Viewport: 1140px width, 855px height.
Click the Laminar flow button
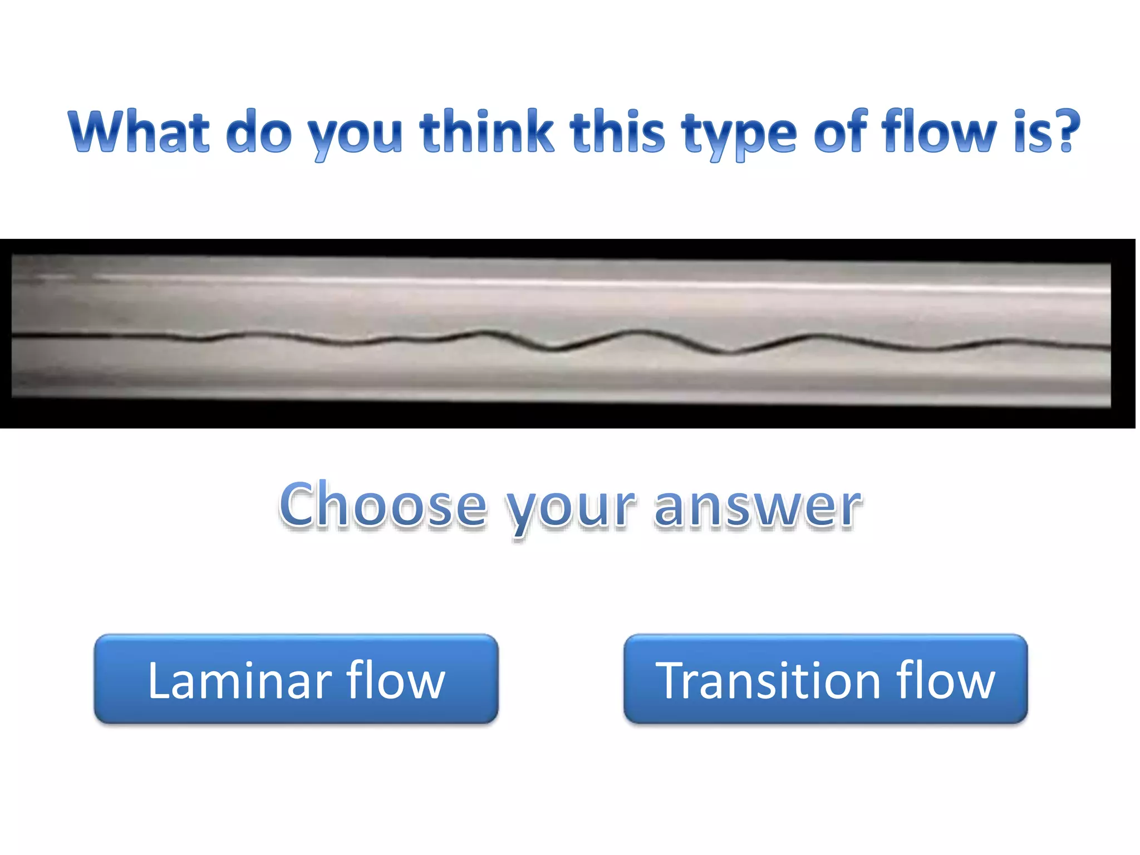296,679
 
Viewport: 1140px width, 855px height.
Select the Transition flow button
825,679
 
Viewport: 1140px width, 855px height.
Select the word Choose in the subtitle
383,505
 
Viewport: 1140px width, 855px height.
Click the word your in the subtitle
570,509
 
